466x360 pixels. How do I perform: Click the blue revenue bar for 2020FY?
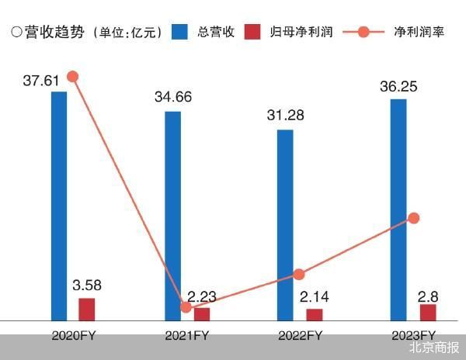(59, 206)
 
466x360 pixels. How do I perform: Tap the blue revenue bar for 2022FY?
(286, 225)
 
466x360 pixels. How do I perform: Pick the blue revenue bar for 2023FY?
(398, 209)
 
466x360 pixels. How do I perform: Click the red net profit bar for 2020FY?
(86, 309)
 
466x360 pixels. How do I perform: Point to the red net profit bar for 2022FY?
(314, 314)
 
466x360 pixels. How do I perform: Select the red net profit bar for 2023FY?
(427, 312)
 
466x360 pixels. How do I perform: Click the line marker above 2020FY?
(73, 76)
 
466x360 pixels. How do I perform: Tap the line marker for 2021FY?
(186, 306)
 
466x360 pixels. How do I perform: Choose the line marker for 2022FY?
(300, 274)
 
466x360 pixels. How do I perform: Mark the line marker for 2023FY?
(414, 218)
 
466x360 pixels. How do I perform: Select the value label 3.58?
(86, 286)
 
